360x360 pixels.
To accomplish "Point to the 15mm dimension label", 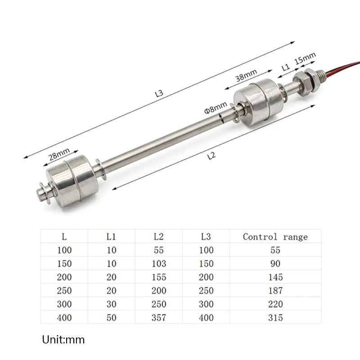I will (x=306, y=58).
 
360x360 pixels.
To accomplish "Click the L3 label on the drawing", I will (x=158, y=94).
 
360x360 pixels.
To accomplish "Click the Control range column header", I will (x=275, y=237).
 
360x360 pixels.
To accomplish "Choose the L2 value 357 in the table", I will (x=158, y=318).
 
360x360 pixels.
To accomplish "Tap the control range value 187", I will (x=275, y=291).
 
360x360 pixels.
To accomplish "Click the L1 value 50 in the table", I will (x=111, y=318).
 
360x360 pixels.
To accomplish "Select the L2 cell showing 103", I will (x=158, y=264).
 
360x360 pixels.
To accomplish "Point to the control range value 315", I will (x=275, y=318).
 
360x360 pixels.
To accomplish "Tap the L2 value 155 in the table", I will (x=158, y=277).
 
